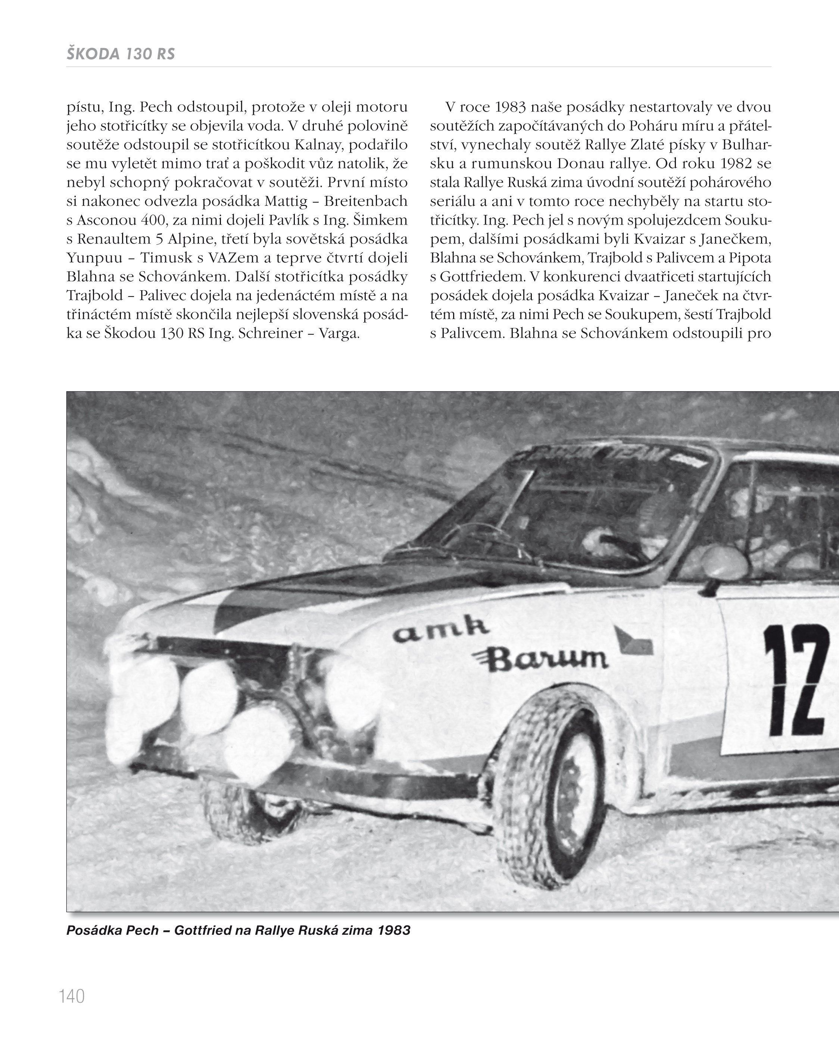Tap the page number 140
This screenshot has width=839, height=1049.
(72, 996)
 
